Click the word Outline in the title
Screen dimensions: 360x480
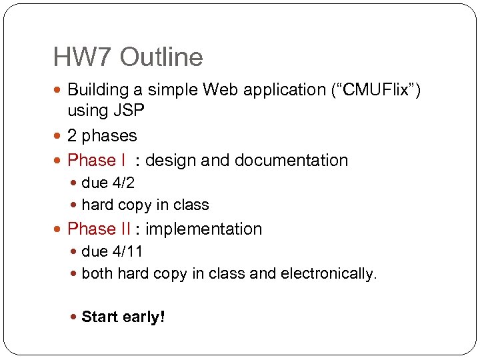tap(161, 57)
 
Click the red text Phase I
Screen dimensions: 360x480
tap(97, 161)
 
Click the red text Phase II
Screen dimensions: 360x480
tap(99, 229)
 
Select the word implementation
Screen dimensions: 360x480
tap(204, 229)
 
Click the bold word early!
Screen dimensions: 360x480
tap(144, 317)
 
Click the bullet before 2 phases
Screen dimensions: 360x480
tap(59, 136)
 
